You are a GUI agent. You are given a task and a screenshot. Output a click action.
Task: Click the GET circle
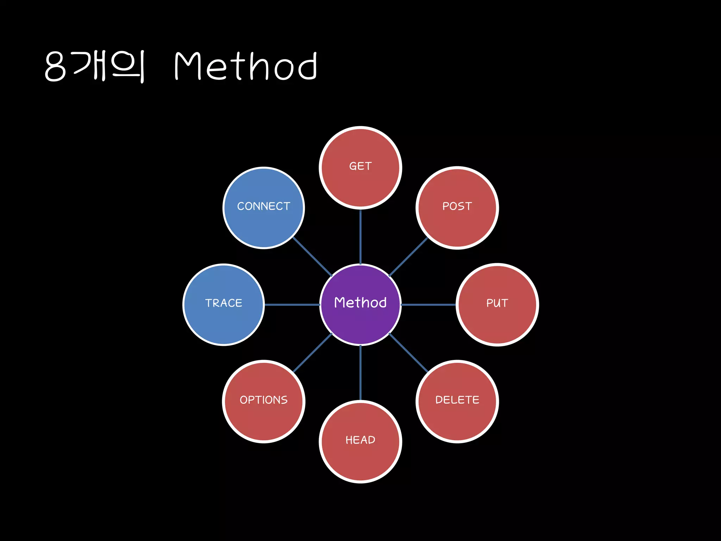coord(360,168)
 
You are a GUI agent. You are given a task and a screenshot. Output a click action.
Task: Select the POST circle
coord(457,208)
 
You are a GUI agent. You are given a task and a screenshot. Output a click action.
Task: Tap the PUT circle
coord(497,305)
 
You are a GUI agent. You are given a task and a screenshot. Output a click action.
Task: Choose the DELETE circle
coord(457,402)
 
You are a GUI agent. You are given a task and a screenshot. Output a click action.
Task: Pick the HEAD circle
coord(360,442)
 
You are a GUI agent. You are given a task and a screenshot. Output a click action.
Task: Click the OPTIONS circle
coord(264,402)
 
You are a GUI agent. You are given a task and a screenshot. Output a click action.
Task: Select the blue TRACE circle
coord(224,305)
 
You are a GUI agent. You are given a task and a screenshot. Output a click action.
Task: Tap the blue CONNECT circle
coord(264,208)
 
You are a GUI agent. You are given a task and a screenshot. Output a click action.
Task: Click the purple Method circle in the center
coord(360,305)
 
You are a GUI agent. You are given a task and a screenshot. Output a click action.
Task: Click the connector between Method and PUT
coord(428,305)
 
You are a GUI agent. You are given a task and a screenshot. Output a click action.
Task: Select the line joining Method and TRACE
coord(292,305)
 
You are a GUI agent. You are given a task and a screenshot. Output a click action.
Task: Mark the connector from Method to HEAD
coord(360,373)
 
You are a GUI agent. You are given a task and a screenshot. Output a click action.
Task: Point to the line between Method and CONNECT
coord(312,256)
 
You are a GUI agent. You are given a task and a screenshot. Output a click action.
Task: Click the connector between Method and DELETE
coord(408,353)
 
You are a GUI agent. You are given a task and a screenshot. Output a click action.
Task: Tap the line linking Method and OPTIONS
coord(312,353)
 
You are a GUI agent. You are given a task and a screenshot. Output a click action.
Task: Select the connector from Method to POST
coord(408,256)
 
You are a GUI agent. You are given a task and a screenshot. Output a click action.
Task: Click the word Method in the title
coord(246,66)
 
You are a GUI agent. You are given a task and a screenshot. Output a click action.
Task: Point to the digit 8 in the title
coord(55,66)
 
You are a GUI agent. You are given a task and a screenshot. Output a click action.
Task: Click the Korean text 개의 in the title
coord(109,66)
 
